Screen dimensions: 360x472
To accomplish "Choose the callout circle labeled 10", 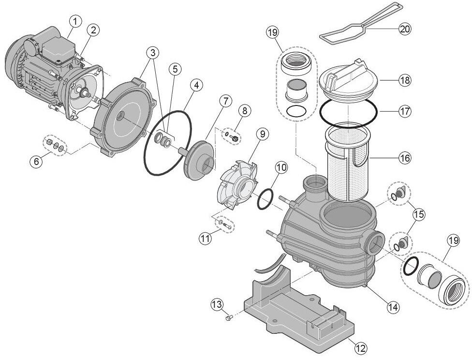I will [281, 168].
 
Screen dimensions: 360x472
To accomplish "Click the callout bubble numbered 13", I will [217, 304].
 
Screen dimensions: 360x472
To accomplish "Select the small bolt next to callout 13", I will [229, 318].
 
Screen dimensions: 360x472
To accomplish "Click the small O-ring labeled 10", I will [265, 200].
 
